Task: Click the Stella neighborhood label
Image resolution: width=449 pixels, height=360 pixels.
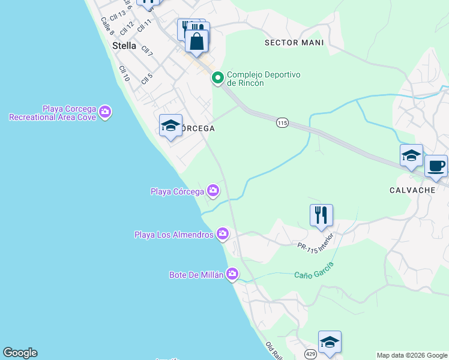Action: click(124, 46)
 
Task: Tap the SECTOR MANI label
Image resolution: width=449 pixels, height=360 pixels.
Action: click(294, 43)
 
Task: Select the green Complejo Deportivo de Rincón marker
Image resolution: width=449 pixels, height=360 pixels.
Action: click(217, 77)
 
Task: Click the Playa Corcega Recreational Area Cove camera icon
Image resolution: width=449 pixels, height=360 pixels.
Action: click(105, 112)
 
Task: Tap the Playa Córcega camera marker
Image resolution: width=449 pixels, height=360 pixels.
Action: click(213, 191)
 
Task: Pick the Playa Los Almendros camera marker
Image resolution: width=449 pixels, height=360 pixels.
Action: click(223, 233)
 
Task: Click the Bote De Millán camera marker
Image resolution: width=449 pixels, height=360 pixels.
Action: click(232, 274)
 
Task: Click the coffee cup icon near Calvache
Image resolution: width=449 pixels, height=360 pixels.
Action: click(436, 166)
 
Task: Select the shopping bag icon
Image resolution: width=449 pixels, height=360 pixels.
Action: click(196, 41)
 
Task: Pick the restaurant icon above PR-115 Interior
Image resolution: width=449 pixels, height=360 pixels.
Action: click(321, 215)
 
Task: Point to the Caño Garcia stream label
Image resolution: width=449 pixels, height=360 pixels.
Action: click(314, 270)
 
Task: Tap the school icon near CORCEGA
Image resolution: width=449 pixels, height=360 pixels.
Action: click(171, 125)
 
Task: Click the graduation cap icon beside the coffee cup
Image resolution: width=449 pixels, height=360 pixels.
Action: click(411, 155)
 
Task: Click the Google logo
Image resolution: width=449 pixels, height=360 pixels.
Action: click(20, 353)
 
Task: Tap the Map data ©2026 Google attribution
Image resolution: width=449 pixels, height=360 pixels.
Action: click(412, 355)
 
